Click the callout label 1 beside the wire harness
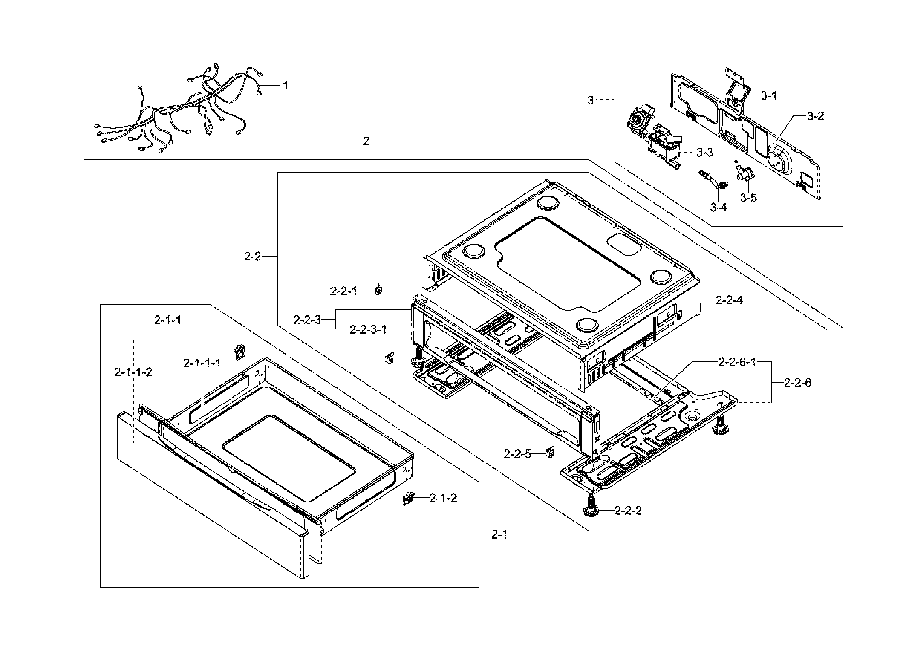pyautogui.click(x=285, y=86)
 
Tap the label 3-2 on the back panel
pyautogui.click(x=815, y=116)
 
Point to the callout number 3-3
pyautogui.click(x=704, y=153)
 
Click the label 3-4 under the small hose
pyautogui.click(x=718, y=208)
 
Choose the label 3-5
pyautogui.click(x=748, y=198)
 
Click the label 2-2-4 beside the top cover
pyautogui.click(x=729, y=300)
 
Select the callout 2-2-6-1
pyautogui.click(x=737, y=363)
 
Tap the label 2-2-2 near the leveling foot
pyautogui.click(x=628, y=511)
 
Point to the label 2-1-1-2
pyautogui.click(x=133, y=372)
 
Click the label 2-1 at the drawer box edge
pyautogui.click(x=499, y=534)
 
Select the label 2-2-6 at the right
pyautogui.click(x=798, y=383)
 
